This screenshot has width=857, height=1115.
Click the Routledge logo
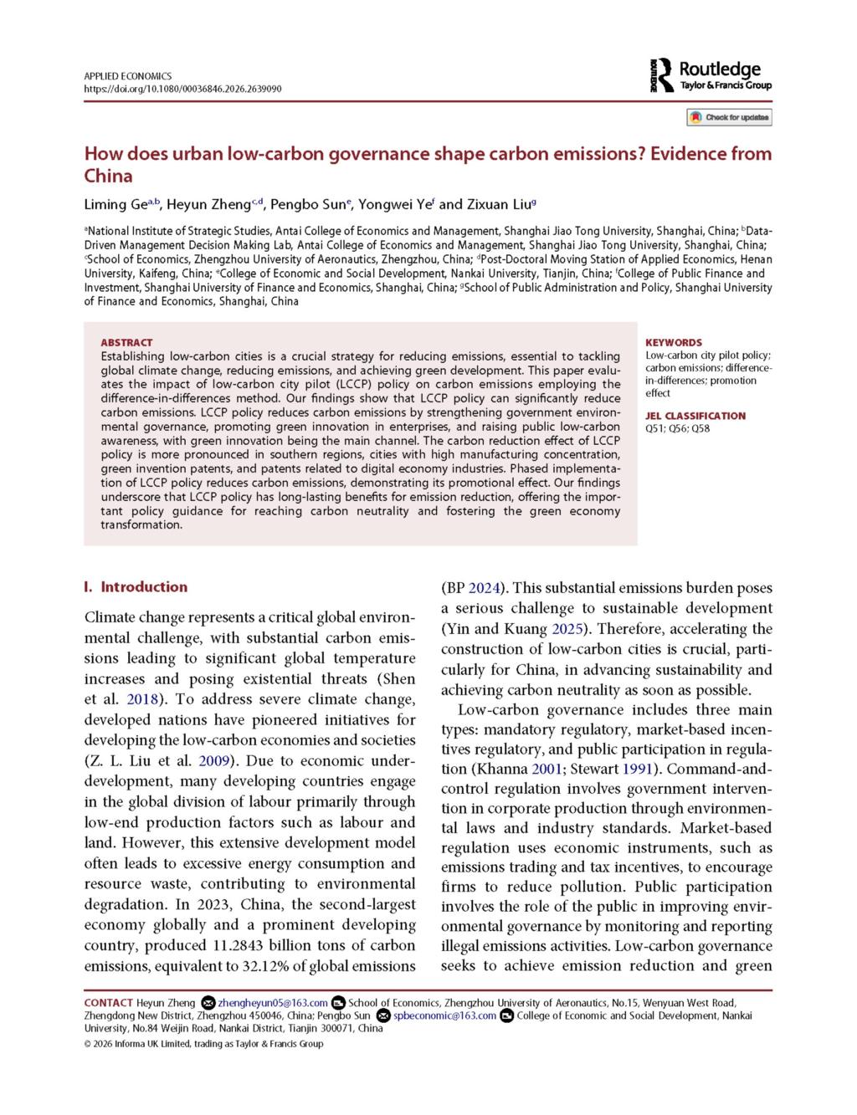711,76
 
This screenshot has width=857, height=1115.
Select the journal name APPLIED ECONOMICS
127,76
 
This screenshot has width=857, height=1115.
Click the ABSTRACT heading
126,342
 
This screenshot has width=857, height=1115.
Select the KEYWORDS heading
674,342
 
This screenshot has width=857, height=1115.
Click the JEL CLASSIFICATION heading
695,416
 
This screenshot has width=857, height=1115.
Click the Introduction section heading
144,586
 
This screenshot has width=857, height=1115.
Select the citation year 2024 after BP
485,587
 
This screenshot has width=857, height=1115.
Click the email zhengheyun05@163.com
274,1003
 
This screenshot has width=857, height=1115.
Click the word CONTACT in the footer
108,1003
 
